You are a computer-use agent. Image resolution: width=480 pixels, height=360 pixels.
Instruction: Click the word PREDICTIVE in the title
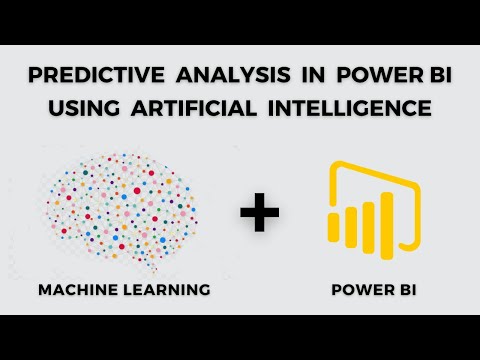pyautogui.click(x=96, y=75)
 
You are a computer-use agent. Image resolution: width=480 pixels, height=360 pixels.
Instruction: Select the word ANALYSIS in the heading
pyautogui.click(x=233, y=75)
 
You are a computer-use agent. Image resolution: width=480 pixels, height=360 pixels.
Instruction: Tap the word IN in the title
pyautogui.click(x=313, y=75)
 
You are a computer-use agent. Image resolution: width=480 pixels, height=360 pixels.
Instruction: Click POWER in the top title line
pyautogui.click(x=380, y=75)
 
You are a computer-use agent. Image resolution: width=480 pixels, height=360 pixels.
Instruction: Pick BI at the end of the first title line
pyautogui.click(x=440, y=75)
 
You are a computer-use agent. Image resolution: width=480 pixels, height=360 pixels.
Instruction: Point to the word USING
pyautogui.click(x=84, y=108)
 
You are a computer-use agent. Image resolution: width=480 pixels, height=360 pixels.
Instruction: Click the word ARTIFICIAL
pyautogui.click(x=194, y=108)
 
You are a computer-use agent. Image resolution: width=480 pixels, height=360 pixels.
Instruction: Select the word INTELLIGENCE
pyautogui.click(x=350, y=108)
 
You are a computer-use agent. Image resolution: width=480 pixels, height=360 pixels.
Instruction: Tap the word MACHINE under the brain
pyautogui.click(x=78, y=289)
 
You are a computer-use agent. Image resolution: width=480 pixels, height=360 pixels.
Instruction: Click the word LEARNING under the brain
pyautogui.click(x=167, y=289)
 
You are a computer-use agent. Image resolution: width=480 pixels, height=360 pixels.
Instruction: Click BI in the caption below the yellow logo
pyautogui.click(x=409, y=289)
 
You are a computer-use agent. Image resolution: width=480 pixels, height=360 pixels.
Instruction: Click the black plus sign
pyautogui.click(x=260, y=212)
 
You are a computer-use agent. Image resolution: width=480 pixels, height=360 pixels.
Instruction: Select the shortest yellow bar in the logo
pyautogui.click(x=334, y=227)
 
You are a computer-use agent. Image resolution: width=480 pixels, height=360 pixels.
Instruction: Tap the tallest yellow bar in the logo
pyautogui.click(x=387, y=226)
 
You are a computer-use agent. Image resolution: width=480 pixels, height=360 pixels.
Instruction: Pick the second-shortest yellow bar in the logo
pyautogui.click(x=351, y=227)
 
